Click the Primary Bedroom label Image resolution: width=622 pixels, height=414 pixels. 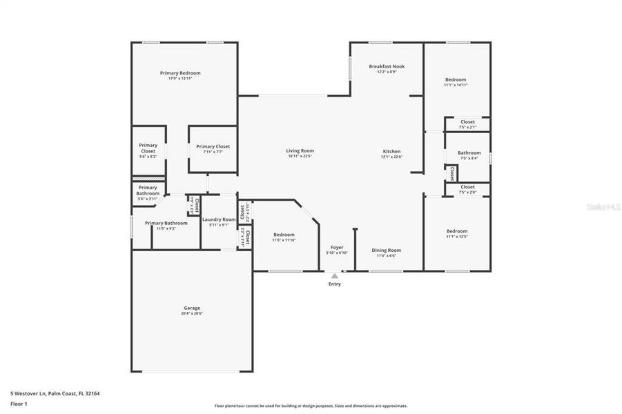pos(180,73)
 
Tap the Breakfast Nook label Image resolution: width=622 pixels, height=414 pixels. pos(387,66)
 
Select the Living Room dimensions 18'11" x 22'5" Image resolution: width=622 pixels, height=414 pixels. pos(300,157)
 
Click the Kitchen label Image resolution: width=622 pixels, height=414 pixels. pos(391,151)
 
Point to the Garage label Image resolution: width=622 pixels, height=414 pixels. pos(192,308)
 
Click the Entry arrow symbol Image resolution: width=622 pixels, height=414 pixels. pos(335,276)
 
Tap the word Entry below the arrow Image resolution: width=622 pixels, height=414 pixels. pos(335,284)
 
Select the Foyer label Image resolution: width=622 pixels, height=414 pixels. pos(337,247)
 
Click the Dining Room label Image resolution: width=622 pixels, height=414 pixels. pos(386,250)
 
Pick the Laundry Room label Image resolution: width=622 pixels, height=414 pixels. pos(219,219)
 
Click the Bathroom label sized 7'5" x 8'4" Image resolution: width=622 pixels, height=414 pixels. pos(469,152)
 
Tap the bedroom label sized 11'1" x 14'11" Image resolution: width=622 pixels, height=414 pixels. pos(456,79)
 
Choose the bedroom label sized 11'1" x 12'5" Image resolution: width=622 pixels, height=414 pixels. pos(456,231)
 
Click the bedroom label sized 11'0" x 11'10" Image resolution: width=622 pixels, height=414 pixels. pos(284,235)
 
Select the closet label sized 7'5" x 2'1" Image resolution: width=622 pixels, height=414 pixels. pos(467,121)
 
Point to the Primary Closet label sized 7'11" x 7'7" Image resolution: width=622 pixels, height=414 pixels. pos(213,146)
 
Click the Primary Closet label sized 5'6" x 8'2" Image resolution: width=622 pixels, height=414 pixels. pos(148,148)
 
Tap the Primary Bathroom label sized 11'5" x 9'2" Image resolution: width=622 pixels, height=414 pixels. pos(166,223)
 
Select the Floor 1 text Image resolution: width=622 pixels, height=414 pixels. pos(18,404)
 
